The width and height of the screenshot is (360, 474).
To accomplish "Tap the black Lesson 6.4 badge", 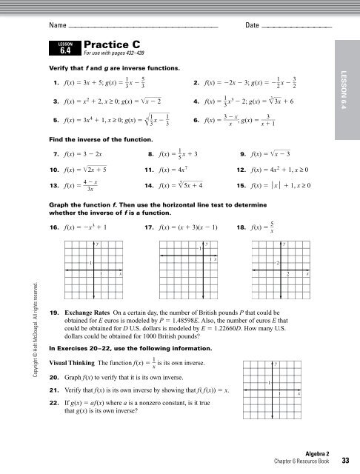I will point(64,49).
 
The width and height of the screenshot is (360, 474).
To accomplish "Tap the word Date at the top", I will point(251,26).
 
